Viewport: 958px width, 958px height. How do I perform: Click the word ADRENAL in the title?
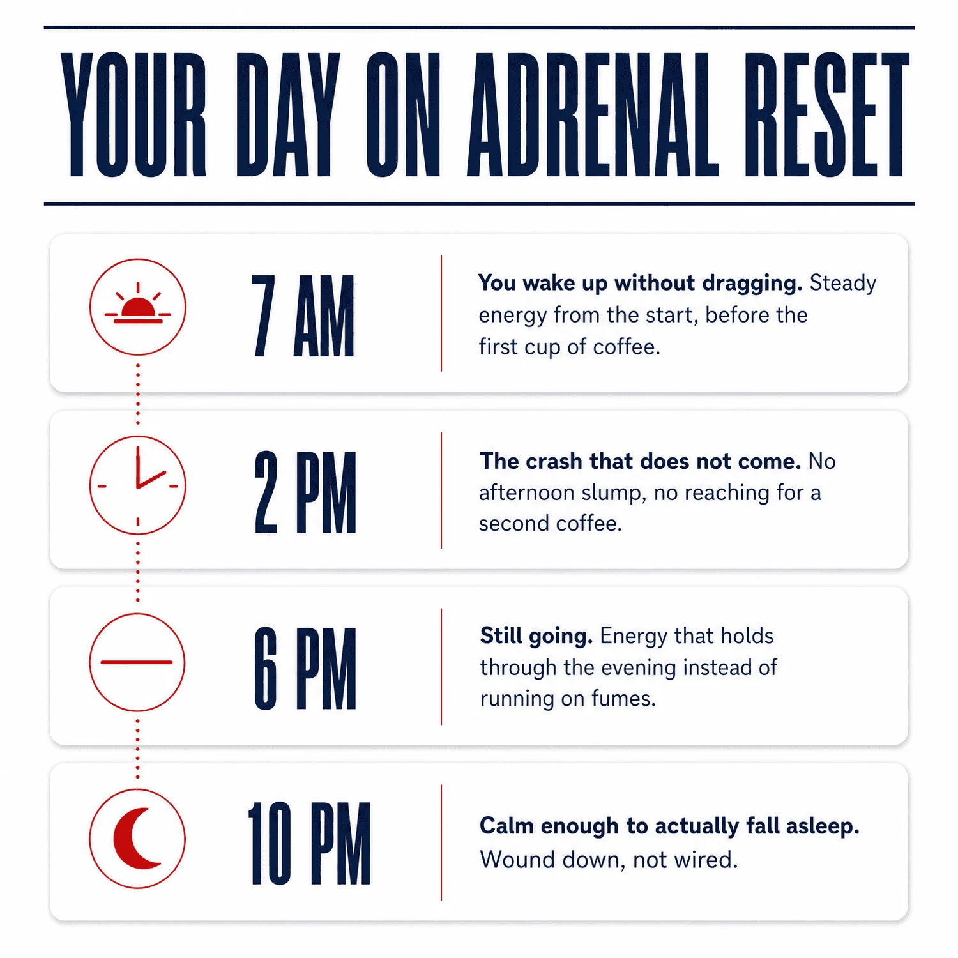click(593, 115)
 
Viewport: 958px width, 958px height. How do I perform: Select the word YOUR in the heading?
click(133, 115)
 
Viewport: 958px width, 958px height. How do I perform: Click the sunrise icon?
click(138, 307)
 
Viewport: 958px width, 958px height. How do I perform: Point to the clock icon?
click(138, 485)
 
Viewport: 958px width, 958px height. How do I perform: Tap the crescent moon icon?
click(138, 839)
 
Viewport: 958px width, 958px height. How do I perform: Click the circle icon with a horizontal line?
click(138, 662)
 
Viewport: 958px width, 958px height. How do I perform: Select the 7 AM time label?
click(303, 316)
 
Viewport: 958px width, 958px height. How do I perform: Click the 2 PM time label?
click(305, 492)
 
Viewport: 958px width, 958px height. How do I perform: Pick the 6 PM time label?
click(305, 669)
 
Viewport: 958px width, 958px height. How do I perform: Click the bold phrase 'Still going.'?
click(536, 636)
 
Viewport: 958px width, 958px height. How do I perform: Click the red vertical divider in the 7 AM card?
click(441, 314)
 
